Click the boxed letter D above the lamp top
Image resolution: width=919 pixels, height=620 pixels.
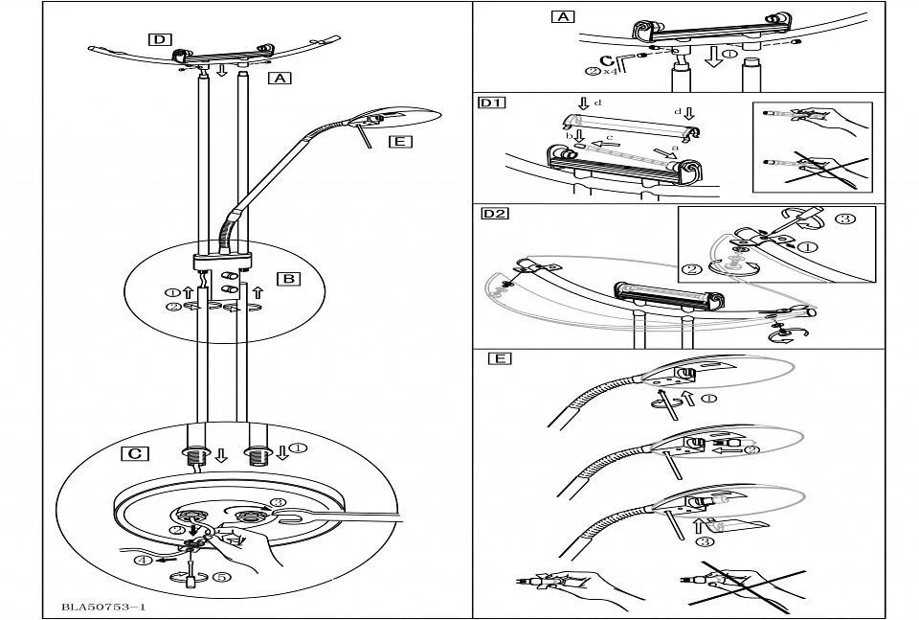click(160, 39)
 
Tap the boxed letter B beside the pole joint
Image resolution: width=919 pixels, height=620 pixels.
click(287, 280)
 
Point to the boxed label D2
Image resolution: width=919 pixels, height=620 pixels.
click(494, 213)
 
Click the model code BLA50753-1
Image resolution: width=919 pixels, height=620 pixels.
click(102, 607)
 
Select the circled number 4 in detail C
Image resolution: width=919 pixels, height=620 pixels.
click(142, 562)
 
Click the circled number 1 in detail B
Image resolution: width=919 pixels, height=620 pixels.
click(172, 291)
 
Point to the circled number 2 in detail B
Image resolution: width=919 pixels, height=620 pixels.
click(172, 307)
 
